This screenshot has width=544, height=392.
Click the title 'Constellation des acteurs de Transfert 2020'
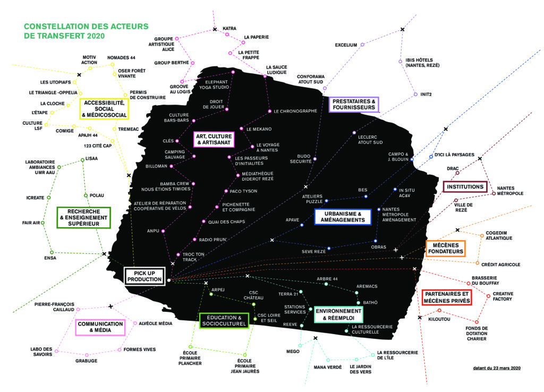point(86,31)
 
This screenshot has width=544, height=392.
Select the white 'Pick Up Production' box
point(145,276)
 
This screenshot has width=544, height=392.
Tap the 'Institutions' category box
point(465,187)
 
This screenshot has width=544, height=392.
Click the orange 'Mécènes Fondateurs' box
point(445,248)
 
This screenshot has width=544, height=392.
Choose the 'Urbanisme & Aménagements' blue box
point(342,217)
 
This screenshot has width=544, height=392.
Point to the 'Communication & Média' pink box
point(100,327)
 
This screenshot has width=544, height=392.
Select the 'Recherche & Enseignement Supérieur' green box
point(83,217)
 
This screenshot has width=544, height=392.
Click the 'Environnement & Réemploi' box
point(338,314)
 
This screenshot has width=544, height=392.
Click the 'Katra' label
point(229,28)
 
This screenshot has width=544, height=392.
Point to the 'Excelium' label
point(346,45)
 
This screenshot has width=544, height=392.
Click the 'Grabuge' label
point(86,361)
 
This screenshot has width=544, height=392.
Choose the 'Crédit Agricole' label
point(500,264)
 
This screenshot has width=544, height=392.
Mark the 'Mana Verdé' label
point(327,367)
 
